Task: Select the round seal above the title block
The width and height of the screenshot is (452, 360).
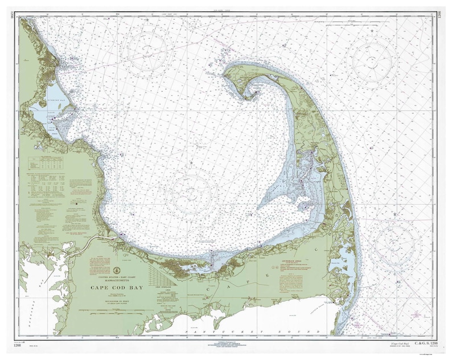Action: pos(118,268)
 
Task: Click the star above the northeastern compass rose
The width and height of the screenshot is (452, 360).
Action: pos(372,30)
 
